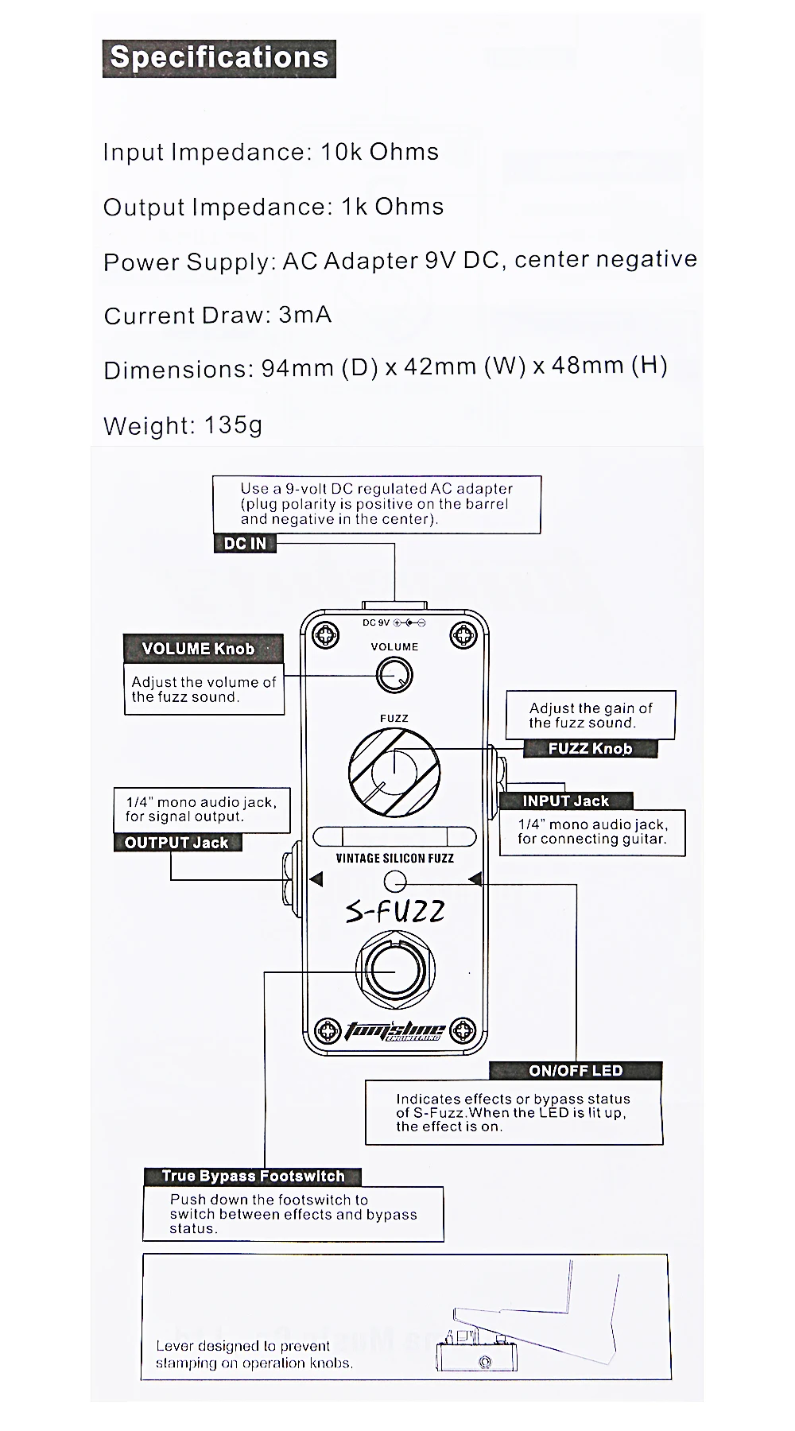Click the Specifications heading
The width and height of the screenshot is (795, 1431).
[x=219, y=58]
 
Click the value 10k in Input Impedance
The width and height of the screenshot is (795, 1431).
[x=340, y=152]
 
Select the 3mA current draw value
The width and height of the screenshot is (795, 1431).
[x=305, y=315]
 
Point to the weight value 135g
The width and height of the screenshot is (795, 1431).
[x=233, y=425]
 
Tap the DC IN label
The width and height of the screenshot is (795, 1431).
[x=245, y=544]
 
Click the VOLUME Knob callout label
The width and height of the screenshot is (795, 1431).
[x=198, y=649]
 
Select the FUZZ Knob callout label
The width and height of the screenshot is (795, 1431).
[x=591, y=748]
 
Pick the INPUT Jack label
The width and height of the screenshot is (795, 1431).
[x=565, y=801]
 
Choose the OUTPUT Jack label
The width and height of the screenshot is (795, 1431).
[x=176, y=843]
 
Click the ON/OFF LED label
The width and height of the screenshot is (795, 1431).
[x=576, y=1071]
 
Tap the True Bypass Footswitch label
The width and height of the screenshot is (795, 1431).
[x=253, y=1176]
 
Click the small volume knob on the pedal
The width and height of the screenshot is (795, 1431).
[x=394, y=677]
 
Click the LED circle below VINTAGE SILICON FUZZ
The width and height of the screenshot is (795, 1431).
[x=394, y=881]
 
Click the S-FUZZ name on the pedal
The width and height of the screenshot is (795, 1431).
[x=395, y=910]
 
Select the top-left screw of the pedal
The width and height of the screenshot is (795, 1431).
[x=326, y=634]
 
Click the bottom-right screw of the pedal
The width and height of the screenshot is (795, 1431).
[x=463, y=1032]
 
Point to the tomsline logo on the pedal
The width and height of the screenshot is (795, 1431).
[x=394, y=1030]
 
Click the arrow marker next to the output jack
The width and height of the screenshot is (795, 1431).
[x=316, y=879]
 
